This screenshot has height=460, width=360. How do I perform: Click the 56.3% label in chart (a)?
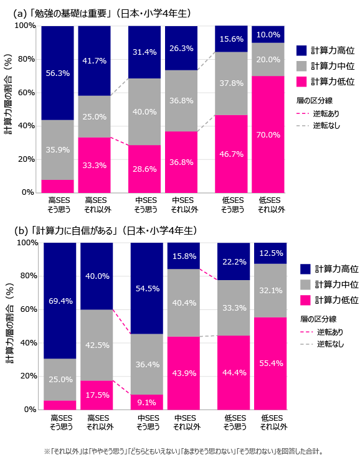click(57, 73)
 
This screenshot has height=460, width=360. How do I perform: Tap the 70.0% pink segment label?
click(268, 134)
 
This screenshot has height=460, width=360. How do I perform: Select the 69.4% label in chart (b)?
click(60, 301)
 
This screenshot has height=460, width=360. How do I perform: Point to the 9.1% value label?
click(147, 401)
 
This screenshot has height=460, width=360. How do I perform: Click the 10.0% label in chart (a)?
click(268, 34)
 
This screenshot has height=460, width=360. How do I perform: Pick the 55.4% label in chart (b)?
click(270, 363)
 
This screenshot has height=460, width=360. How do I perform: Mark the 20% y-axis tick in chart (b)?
click(28, 376)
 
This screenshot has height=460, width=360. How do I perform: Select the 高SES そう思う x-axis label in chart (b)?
click(60, 422)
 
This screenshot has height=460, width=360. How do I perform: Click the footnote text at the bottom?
click(183, 451)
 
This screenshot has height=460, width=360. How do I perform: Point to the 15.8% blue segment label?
click(183, 256)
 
